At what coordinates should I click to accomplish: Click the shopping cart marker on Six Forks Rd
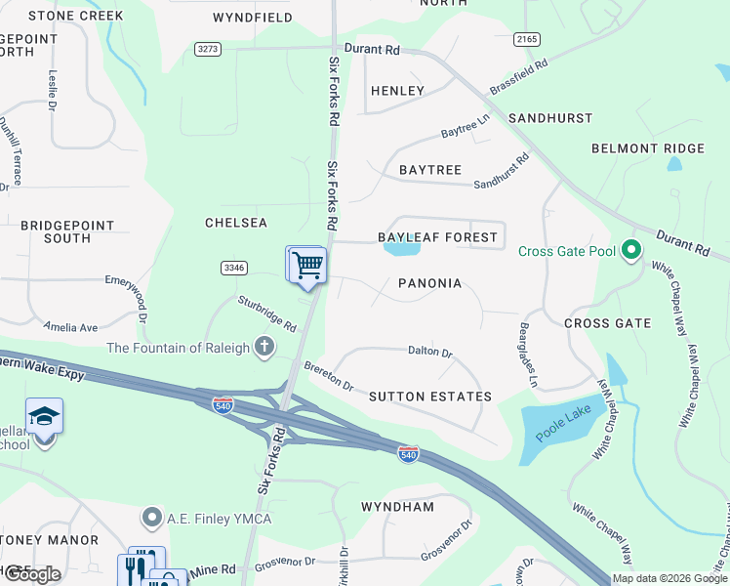307,265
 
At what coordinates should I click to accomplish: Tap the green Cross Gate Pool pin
630,251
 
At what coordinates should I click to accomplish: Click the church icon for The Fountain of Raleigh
264,347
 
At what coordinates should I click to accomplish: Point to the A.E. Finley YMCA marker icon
151,517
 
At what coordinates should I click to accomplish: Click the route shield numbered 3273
208,48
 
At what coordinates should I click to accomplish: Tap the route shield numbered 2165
526,38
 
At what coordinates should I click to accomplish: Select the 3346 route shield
234,267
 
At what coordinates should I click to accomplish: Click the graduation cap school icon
44,417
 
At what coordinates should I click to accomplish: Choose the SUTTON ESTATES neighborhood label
429,397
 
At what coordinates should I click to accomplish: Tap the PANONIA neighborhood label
429,283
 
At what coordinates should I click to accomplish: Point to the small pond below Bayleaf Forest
402,249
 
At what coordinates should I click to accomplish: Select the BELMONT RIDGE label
647,148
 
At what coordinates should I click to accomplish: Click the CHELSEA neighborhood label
235,223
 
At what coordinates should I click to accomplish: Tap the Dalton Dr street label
429,352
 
